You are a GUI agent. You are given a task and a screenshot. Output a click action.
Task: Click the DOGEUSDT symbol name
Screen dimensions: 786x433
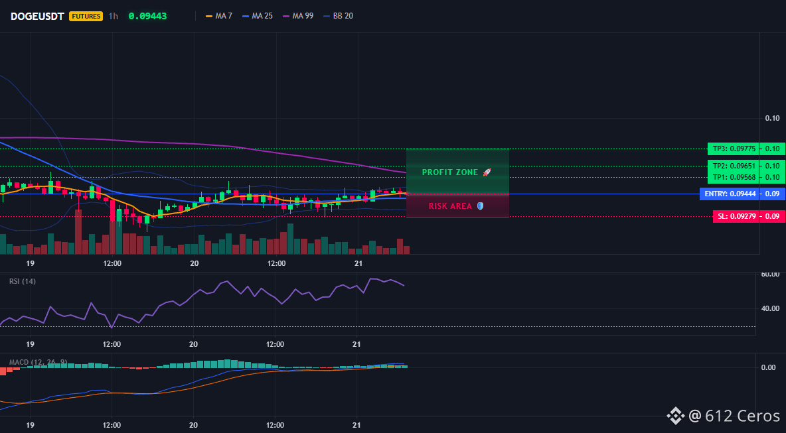[x=38, y=16]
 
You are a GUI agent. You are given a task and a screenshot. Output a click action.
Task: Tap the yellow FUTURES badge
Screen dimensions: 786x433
[x=86, y=16]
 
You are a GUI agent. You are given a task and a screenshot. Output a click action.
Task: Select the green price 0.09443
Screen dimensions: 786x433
[x=147, y=16]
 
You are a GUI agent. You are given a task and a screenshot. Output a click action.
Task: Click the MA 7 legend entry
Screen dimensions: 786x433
[x=219, y=16]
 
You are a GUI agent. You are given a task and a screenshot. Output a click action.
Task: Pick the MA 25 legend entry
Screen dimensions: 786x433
[x=257, y=16]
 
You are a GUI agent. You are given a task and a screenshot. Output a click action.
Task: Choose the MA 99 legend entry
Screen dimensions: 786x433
[x=298, y=16]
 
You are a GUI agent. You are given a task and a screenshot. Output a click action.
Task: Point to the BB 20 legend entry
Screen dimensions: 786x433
[x=339, y=16]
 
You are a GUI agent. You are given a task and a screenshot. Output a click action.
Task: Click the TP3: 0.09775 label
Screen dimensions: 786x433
[x=732, y=149]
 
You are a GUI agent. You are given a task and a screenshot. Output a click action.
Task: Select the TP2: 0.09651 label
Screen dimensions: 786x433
[x=732, y=166]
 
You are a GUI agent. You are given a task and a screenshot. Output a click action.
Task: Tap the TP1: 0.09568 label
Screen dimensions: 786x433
[x=732, y=177]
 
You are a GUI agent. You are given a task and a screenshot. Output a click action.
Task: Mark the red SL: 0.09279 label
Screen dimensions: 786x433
[x=735, y=216]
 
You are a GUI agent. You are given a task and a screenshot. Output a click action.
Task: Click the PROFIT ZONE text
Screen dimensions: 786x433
[x=450, y=172]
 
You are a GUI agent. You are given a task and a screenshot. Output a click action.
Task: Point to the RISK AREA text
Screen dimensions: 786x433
[x=450, y=206]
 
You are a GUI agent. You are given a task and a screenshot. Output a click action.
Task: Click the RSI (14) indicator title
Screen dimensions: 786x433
[x=23, y=281]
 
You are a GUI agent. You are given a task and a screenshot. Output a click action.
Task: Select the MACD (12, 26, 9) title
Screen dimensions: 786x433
[x=38, y=362]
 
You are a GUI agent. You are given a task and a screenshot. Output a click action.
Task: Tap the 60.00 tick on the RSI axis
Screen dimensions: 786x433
[x=770, y=275]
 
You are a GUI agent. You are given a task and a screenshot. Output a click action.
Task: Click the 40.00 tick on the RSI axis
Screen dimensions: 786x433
[x=770, y=308]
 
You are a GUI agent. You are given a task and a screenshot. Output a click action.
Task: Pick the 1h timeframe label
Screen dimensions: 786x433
[x=114, y=16]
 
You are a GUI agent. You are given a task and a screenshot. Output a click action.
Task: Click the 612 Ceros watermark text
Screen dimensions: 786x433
[x=742, y=416]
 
